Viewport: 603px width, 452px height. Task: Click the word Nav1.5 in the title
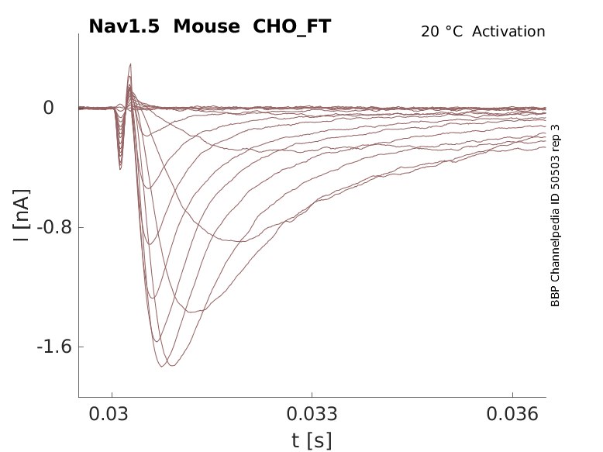click(x=124, y=26)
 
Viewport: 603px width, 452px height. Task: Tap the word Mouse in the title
click(x=206, y=26)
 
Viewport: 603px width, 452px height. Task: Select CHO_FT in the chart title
click(x=292, y=27)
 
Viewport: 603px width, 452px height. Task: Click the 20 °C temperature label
click(x=442, y=32)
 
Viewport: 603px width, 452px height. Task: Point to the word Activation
click(x=508, y=32)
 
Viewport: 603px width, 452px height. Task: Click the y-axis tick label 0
click(x=49, y=108)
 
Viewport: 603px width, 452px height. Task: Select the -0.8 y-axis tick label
click(x=54, y=227)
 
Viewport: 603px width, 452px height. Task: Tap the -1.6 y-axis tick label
click(x=54, y=347)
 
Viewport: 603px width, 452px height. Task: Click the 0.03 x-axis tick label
click(x=109, y=414)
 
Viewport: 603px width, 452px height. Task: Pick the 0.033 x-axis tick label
click(x=312, y=414)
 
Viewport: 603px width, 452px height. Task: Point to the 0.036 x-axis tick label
click(x=512, y=414)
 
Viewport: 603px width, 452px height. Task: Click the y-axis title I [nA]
click(x=21, y=216)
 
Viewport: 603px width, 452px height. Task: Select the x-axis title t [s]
click(x=312, y=441)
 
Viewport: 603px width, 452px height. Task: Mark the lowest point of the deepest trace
click(x=161, y=367)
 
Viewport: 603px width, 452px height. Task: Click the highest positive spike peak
click(x=130, y=64)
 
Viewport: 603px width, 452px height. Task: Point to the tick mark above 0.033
click(x=312, y=395)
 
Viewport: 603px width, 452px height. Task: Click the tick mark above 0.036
click(x=512, y=395)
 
